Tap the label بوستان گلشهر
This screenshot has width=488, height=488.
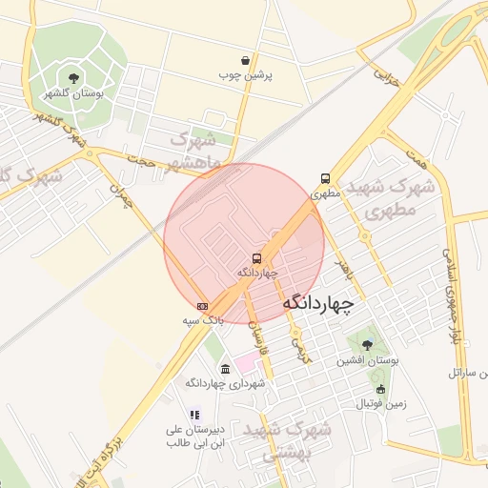pos(73,94)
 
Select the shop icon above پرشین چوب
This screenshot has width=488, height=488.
pos(246,60)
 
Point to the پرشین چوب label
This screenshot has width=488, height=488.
pos(246,74)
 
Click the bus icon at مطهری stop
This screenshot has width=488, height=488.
pos(326,177)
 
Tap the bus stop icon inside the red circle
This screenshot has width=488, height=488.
pos(256,258)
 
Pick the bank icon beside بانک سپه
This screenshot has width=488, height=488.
pos(201,306)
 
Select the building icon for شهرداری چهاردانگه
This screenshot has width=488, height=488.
pos(224,369)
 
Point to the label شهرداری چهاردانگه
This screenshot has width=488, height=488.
pos(224,383)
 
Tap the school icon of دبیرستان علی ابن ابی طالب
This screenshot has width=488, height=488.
pos(193,415)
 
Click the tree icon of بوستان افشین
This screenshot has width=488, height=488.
pos(367,344)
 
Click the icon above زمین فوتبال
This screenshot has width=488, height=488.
pos(381,389)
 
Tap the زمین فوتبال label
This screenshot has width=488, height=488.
pos(381,404)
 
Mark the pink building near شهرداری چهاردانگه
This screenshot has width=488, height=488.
pos(247,362)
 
